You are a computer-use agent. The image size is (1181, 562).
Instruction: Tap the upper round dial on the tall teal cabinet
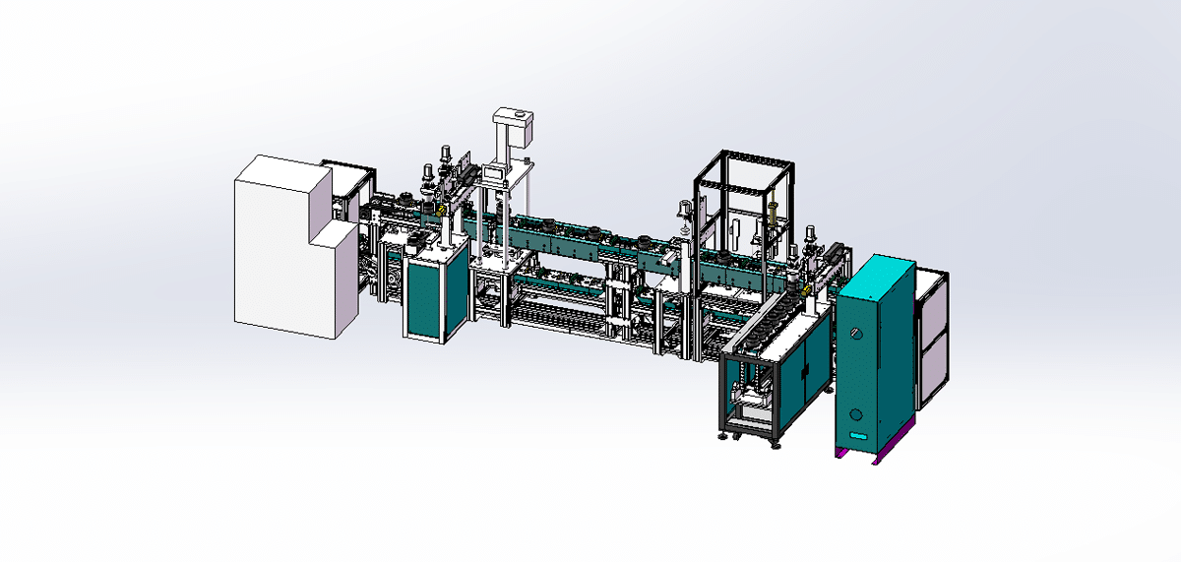pos(855,334)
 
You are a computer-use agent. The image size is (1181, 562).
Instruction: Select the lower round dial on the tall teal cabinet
pos(855,414)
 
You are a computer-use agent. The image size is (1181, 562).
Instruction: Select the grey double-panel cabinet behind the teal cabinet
pos(930,335)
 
